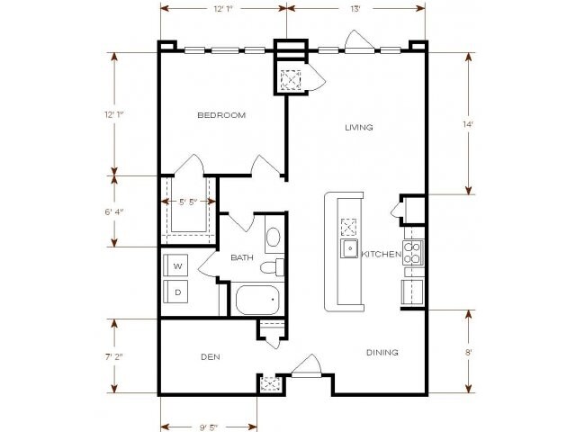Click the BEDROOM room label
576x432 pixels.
[x=221, y=115]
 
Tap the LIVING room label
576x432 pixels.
[x=358, y=128]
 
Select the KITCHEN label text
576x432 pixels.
[x=381, y=255]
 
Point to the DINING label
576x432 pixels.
[x=382, y=352]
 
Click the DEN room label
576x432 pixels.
[x=210, y=357]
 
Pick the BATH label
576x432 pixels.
[x=241, y=258]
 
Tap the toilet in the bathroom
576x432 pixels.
[x=273, y=267]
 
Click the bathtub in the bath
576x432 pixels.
[x=257, y=299]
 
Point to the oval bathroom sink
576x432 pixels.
[x=274, y=238]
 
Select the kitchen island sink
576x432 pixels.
[x=348, y=249]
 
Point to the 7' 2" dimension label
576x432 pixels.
[x=114, y=356]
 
